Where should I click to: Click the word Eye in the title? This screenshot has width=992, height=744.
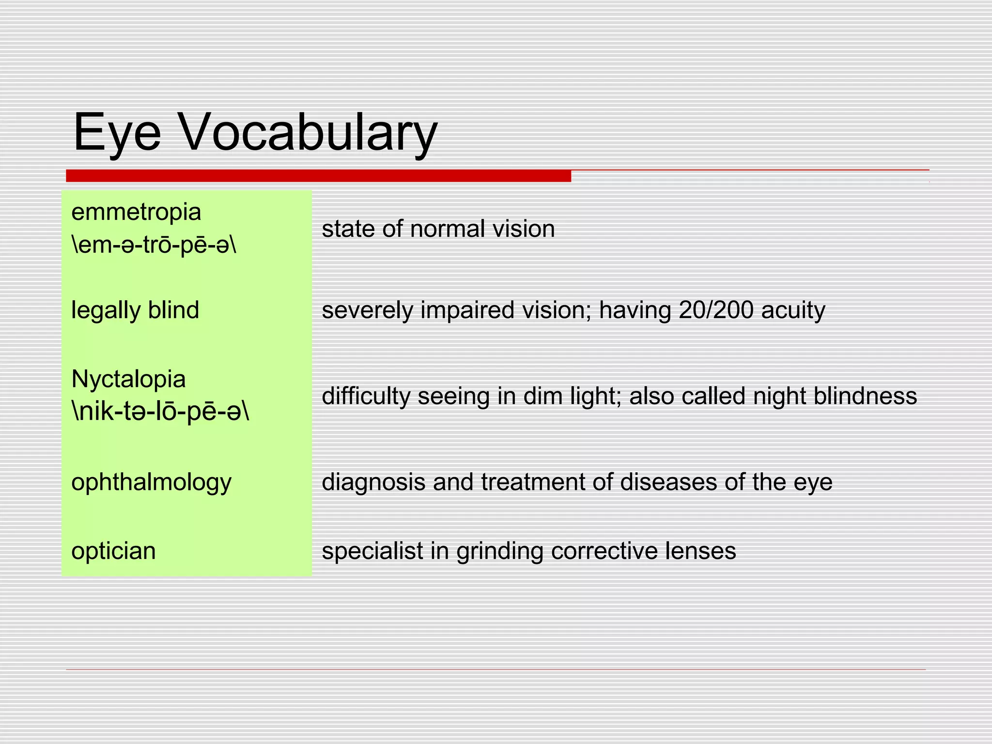[117, 132]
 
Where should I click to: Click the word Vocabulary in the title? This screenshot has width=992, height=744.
[309, 132]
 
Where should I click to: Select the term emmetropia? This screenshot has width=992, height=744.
[136, 213]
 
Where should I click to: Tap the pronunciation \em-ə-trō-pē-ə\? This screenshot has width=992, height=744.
[154, 245]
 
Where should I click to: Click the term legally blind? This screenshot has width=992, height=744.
[135, 310]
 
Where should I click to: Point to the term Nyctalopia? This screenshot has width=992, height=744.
[128, 379]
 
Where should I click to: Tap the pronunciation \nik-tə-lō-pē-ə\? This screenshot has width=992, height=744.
[160, 412]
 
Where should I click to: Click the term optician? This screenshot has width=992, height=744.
[113, 551]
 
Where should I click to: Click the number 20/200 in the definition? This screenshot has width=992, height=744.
[716, 310]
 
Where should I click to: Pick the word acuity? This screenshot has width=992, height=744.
[793, 310]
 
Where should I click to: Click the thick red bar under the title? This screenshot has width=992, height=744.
[318, 176]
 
